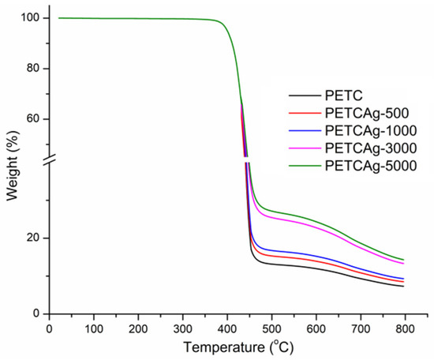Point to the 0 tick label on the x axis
click(50, 328)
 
